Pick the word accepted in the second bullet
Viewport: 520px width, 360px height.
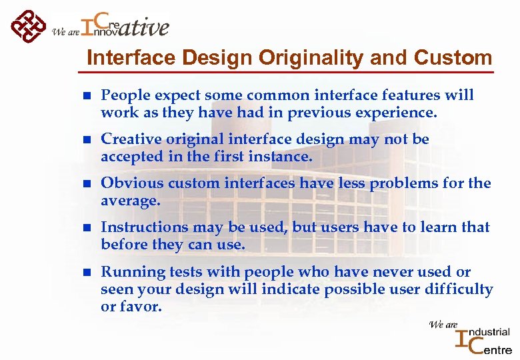131,157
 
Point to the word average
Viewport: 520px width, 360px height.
129,201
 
